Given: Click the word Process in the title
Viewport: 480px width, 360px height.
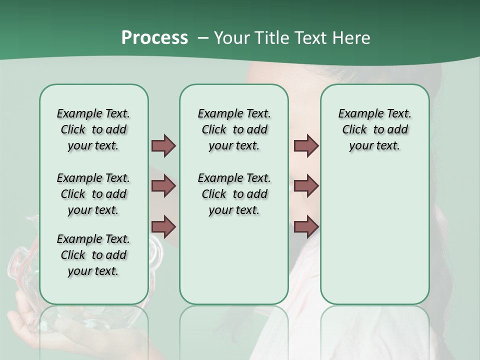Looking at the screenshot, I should [154, 38].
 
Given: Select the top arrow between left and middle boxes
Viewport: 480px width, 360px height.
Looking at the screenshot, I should [163, 145].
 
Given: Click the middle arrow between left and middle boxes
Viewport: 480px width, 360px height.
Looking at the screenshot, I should [163, 186].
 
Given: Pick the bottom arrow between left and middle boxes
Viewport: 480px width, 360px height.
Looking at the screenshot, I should [163, 226].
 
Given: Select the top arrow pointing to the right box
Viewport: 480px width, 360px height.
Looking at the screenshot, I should [306, 145].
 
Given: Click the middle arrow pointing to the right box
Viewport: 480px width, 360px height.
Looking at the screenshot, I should [306, 186].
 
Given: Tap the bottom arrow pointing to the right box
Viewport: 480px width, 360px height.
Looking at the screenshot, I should [306, 226].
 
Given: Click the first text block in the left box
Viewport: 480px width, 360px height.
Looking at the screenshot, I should [93, 129].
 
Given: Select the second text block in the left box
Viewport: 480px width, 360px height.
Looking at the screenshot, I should [93, 194].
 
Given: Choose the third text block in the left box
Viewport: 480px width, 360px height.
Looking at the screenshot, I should [93, 255].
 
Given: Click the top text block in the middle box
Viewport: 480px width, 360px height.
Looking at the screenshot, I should [234, 129].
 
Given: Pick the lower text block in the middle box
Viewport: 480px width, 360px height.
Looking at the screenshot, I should [234, 194].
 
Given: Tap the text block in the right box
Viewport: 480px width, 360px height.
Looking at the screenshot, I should [374, 129].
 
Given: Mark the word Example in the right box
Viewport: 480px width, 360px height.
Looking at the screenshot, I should [355, 113].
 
